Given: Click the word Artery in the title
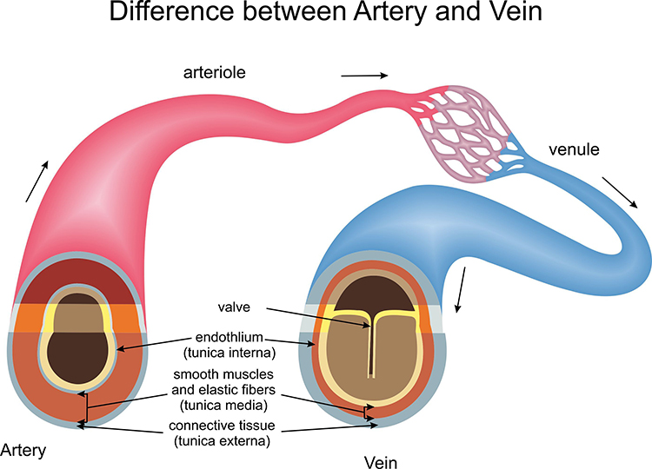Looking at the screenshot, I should (x=398, y=16).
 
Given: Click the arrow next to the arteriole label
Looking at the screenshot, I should (x=364, y=76).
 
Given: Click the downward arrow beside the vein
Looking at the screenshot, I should (x=462, y=289).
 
